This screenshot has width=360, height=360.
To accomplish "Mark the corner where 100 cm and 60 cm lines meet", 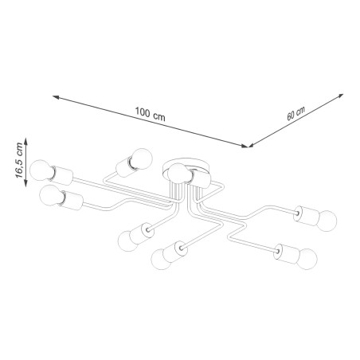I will point(248,146).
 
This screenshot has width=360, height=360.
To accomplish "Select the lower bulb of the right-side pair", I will point(305,257).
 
